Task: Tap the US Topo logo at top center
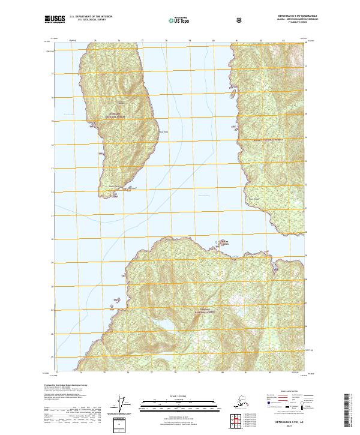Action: [x=180, y=20]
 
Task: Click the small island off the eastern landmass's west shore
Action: [x=232, y=94]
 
